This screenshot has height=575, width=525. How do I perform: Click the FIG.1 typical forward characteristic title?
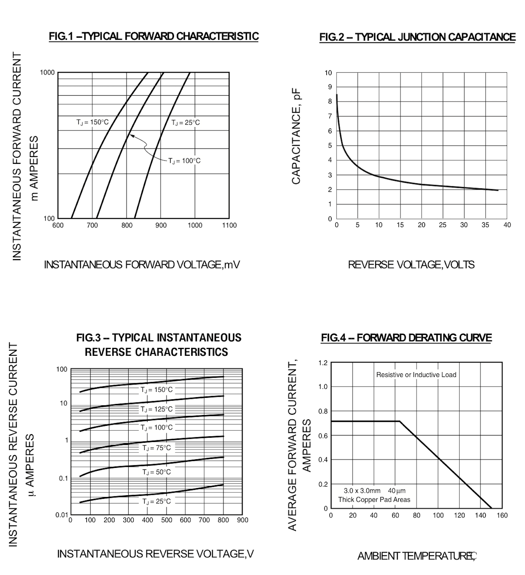point(154,36)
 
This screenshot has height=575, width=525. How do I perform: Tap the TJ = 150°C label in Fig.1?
point(92,122)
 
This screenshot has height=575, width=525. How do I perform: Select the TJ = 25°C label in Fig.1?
point(185,123)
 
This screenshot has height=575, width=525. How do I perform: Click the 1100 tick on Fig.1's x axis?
point(229,225)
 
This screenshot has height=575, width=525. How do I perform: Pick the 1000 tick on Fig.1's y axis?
point(47,73)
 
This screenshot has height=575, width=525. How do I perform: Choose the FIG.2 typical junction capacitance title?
point(417,37)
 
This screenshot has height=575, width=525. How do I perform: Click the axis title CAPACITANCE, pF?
point(296,137)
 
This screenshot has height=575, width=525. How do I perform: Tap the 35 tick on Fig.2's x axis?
point(485,225)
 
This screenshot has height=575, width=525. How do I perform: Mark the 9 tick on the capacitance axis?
point(330,87)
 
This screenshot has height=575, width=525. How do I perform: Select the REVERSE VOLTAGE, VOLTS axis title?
point(411,265)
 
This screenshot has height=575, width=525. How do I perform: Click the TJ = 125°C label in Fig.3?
point(156,409)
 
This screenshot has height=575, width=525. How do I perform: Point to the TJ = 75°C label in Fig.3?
point(156,448)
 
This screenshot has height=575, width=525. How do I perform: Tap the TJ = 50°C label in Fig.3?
point(156,472)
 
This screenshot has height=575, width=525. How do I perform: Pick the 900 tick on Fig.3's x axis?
point(243,520)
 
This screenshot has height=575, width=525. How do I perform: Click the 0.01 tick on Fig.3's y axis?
point(61,515)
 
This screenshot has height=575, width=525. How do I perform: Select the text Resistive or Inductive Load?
point(416,375)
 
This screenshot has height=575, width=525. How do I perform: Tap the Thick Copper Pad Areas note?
point(374,500)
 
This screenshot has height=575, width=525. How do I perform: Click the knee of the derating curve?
point(400,421)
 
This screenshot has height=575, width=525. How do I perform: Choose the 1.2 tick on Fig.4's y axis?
point(323,363)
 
